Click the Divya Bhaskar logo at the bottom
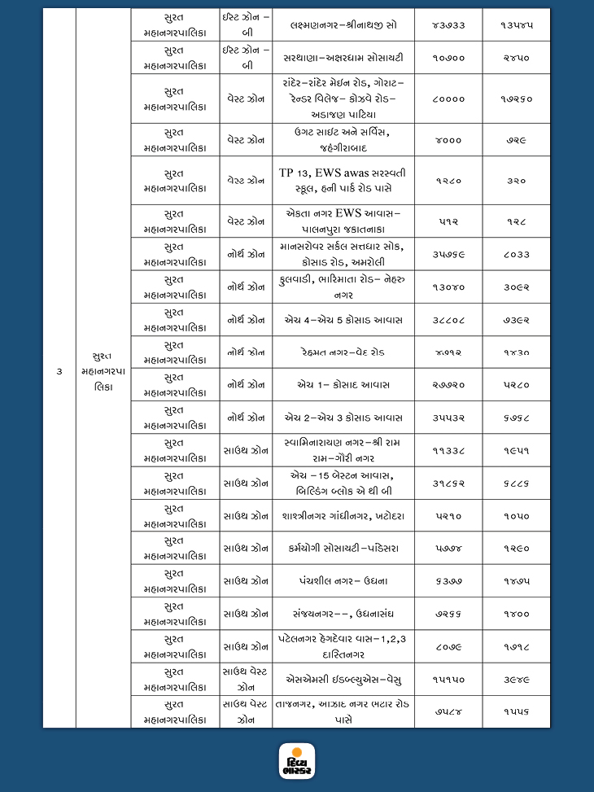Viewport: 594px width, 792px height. [x=296, y=762]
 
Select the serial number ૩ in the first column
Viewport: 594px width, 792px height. [x=59, y=371]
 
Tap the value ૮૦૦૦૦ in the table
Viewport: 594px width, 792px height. [x=448, y=98]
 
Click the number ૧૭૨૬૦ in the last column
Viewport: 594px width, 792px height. [x=516, y=98]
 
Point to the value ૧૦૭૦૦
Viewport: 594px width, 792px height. [x=448, y=58]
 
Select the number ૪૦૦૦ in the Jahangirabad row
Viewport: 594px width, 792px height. [x=448, y=140]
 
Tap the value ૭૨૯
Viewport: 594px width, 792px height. [x=516, y=140]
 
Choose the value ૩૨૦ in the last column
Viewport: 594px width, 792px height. [x=516, y=181]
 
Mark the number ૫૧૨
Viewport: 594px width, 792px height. [x=448, y=221]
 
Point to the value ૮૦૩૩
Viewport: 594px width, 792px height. [x=516, y=254]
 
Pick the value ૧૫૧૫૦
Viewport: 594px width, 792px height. [x=448, y=679]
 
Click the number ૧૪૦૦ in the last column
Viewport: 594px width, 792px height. [x=516, y=614]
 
